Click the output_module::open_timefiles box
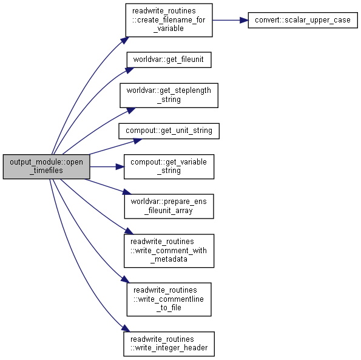click(x=46, y=166)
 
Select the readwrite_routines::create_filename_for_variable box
click(x=169, y=20)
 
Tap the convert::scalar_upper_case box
click(x=303, y=20)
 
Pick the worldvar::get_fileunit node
click(x=169, y=59)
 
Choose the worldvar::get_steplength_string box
click(x=169, y=95)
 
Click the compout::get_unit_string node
click(x=169, y=131)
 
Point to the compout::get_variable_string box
click(x=169, y=166)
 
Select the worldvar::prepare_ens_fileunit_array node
click(x=169, y=206)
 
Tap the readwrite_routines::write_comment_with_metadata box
click(x=169, y=251)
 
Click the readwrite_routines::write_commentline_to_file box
click(x=169, y=299)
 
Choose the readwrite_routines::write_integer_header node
click(x=169, y=344)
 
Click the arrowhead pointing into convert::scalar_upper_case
click(x=244, y=20)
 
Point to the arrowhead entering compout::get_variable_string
click(x=120, y=166)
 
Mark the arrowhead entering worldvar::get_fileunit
click(x=130, y=70)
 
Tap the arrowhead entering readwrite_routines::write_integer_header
click(x=126, y=328)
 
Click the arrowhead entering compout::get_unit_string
click(x=138, y=141)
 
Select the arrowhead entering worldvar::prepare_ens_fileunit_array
click(x=127, y=192)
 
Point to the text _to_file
click(x=169, y=308)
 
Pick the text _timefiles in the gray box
click(x=46, y=171)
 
